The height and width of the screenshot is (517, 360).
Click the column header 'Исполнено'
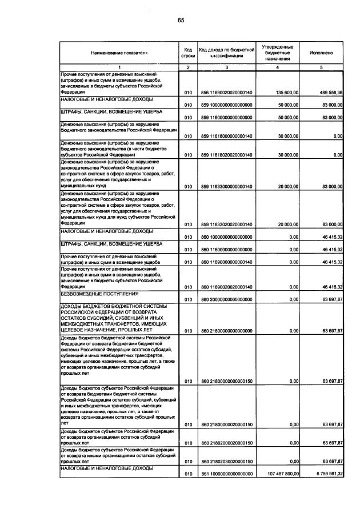click(x=321, y=53)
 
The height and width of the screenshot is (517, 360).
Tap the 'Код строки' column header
click(x=188, y=53)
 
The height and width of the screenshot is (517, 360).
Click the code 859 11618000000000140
click(x=226, y=136)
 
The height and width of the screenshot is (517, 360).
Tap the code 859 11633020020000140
click(x=226, y=224)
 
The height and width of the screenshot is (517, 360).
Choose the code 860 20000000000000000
click(x=226, y=299)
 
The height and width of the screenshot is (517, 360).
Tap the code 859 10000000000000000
click(x=226, y=105)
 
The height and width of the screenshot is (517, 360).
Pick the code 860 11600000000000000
click(x=226, y=249)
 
